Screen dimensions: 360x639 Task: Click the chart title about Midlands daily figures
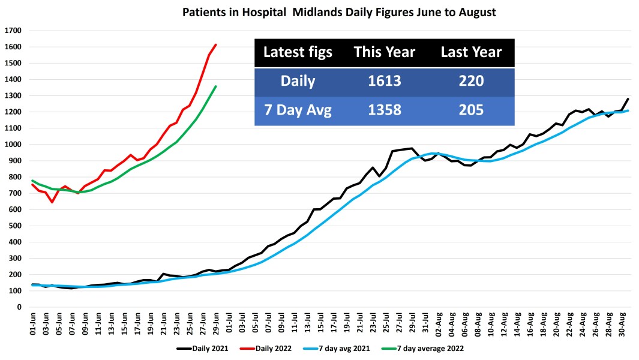tap(339, 12)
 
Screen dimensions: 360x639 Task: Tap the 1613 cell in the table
tap(384, 81)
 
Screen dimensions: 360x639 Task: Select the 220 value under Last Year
tap(471, 81)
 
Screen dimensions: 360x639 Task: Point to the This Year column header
tap(384, 52)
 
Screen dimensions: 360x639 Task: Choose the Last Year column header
tap(471, 52)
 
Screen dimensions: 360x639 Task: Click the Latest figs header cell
tap(298, 52)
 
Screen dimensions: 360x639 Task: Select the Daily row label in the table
tap(298, 81)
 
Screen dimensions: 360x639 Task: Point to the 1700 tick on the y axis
tap(13, 31)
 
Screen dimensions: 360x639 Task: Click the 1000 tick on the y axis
tap(13, 145)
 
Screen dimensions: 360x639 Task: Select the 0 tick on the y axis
tap(19, 307)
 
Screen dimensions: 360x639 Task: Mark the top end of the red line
tap(215, 44)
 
